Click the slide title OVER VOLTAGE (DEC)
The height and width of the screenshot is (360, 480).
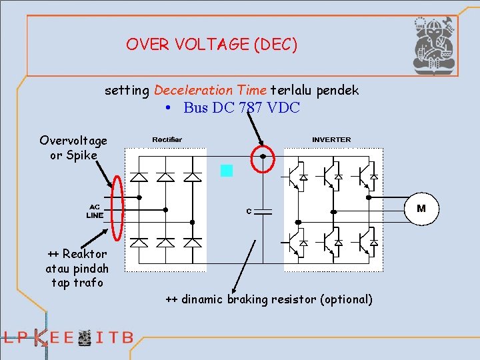(211, 45)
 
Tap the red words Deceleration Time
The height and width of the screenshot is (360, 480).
(210, 89)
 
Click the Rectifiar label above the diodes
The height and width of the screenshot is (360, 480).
(167, 139)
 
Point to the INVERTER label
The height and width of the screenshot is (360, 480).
(331, 139)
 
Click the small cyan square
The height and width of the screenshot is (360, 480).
(227, 171)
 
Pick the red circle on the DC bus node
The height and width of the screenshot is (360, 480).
(263, 158)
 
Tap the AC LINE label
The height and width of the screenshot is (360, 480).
(95, 211)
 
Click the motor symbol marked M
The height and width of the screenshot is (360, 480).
(421, 208)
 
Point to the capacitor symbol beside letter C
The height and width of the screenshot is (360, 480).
(265, 212)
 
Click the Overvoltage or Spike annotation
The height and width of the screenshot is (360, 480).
(73, 147)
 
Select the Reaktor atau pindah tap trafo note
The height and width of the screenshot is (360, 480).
(77, 268)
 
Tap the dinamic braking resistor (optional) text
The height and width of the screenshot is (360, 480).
(269, 299)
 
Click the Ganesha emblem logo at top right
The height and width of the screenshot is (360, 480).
(433, 45)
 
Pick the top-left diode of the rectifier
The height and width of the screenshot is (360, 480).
(139, 177)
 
